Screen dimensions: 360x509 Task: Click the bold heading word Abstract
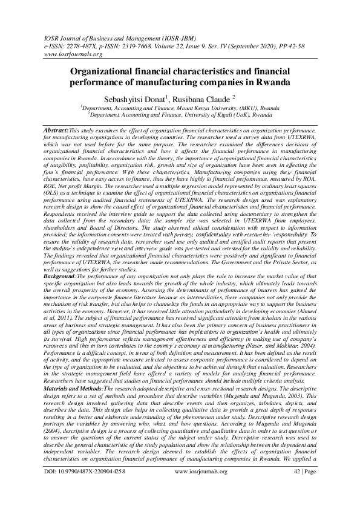(x=56, y=130)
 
